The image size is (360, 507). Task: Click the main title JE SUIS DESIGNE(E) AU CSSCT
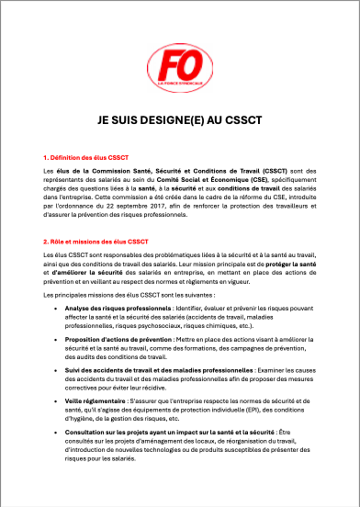(180, 120)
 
